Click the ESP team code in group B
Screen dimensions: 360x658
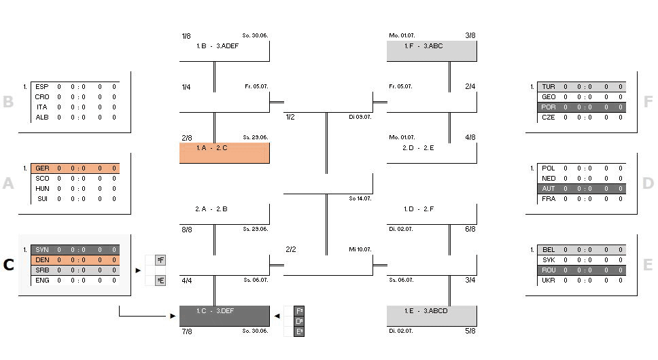[x=41, y=87]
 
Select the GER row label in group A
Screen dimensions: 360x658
[x=41, y=168]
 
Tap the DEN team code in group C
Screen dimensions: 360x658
[x=41, y=260]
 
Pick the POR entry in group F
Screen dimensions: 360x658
[x=549, y=107]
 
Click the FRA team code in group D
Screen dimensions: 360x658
[x=549, y=199]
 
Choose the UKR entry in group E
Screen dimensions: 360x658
[x=549, y=281]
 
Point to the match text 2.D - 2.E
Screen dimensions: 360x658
[x=418, y=148]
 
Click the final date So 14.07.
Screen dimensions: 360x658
[x=360, y=199]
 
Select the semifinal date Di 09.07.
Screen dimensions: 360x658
[x=360, y=118]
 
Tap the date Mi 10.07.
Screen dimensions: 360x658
[x=360, y=250]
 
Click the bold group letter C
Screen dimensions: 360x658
[x=8, y=265]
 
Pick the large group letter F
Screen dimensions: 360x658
[x=648, y=102]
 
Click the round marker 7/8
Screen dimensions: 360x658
[x=186, y=331]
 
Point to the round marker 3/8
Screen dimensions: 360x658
[x=470, y=35]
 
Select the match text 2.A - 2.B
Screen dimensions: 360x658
[x=211, y=209]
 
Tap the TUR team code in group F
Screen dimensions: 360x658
[x=549, y=87]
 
